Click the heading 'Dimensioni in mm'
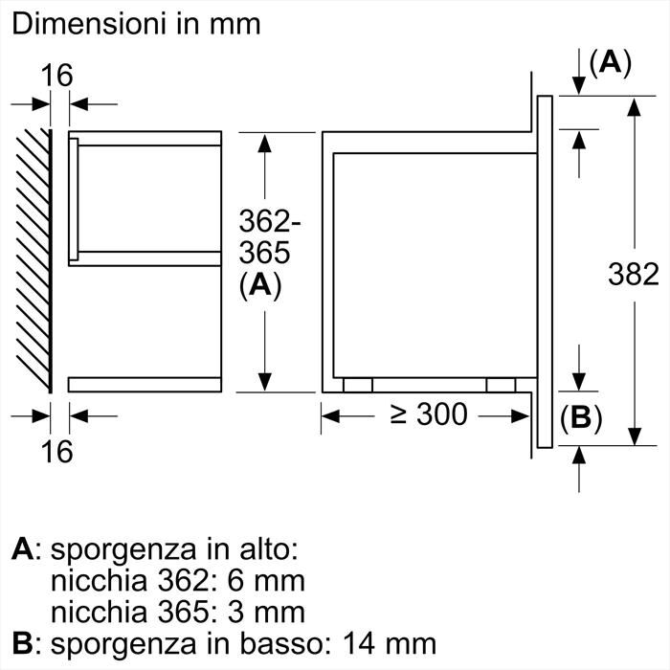click(x=136, y=24)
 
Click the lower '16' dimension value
click(x=57, y=451)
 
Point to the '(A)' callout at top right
click(x=610, y=63)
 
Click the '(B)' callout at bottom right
click(x=581, y=419)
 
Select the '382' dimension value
click(x=634, y=275)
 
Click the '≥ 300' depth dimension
click(x=429, y=414)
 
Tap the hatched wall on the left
click(x=33, y=258)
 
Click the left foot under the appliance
click(x=357, y=385)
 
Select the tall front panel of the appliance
click(x=545, y=271)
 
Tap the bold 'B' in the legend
click(x=23, y=643)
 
